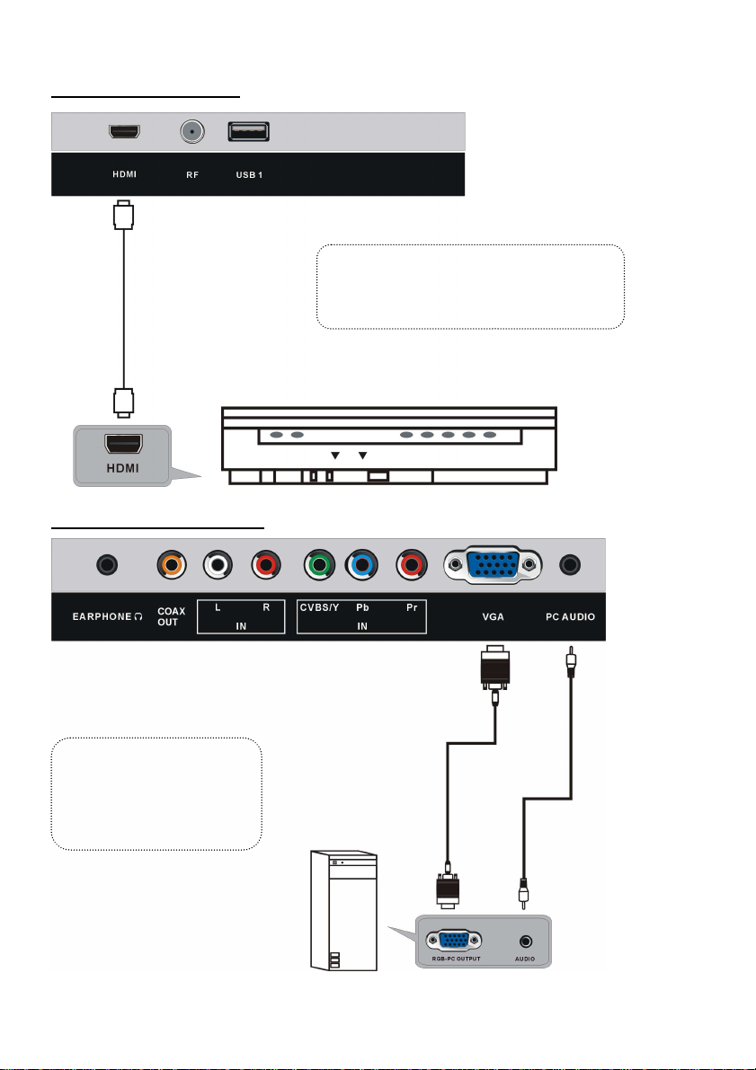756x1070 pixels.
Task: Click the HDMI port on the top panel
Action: pyautogui.click(x=124, y=130)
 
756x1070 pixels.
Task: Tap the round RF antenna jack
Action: pyautogui.click(x=192, y=131)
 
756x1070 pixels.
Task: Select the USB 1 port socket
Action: pyautogui.click(x=249, y=131)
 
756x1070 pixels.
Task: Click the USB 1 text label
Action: pyautogui.click(x=249, y=174)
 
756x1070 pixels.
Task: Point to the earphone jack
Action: pyautogui.click(x=107, y=565)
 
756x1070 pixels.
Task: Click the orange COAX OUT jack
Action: pyautogui.click(x=172, y=565)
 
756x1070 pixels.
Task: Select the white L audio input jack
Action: pyautogui.click(x=218, y=565)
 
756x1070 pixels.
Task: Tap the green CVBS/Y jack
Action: pyautogui.click(x=319, y=565)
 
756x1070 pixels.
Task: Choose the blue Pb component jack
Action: pyautogui.click(x=361, y=565)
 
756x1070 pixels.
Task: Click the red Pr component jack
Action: pyautogui.click(x=412, y=565)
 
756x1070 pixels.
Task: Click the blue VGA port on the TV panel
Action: pyautogui.click(x=494, y=565)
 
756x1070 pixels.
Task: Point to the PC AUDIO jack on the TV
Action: pyautogui.click(x=570, y=565)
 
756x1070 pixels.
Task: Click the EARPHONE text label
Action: pyautogui.click(x=102, y=616)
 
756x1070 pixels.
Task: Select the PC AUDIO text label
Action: pyautogui.click(x=570, y=616)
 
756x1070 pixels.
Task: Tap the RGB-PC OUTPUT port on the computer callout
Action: pyautogui.click(x=453, y=941)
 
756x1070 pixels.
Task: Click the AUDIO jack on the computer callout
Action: pyautogui.click(x=525, y=942)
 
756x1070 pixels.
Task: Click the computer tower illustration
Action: pyautogui.click(x=343, y=910)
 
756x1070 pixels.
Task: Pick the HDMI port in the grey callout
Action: pyautogui.click(x=124, y=444)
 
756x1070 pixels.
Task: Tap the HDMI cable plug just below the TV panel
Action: pyautogui.click(x=124, y=215)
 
